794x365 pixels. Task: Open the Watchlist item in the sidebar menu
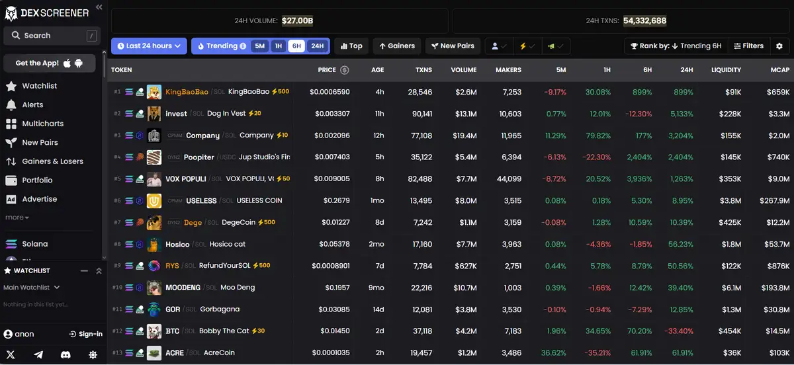pos(39,86)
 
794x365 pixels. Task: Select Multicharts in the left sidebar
pos(42,124)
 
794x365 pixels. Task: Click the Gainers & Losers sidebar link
pos(52,161)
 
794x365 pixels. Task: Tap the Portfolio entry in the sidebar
pos(37,180)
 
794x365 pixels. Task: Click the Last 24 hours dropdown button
pos(149,46)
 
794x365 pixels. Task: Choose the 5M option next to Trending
pos(259,46)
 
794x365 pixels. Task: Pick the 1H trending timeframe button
pos(279,46)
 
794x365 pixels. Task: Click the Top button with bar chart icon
pos(351,46)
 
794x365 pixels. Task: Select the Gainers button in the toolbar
pos(397,46)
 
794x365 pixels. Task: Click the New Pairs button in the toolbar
pos(453,46)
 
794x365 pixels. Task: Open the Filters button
pos(748,46)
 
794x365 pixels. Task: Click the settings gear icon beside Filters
pos(779,46)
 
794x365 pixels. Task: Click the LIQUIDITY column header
pos(726,70)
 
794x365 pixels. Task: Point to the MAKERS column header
pos(507,70)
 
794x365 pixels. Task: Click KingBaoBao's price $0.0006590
pos(330,92)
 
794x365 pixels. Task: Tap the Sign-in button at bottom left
pos(86,334)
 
